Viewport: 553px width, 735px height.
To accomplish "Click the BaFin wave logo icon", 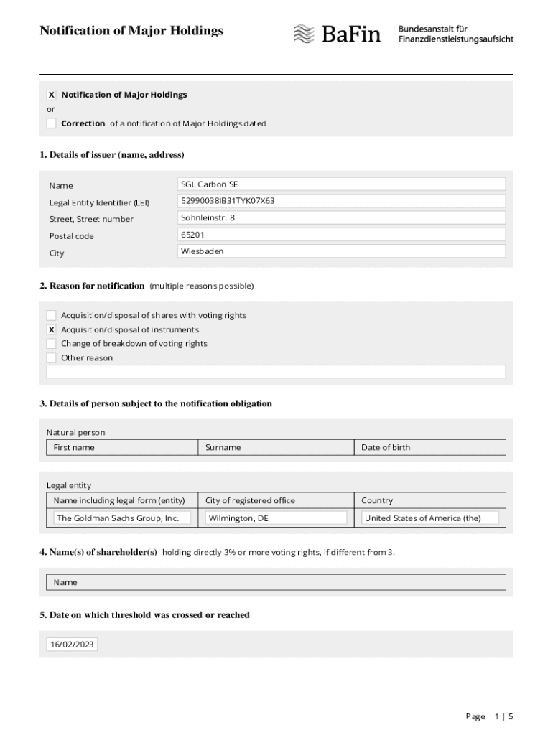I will pos(304,33).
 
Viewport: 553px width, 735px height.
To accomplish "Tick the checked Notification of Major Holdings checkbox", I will pos(51,95).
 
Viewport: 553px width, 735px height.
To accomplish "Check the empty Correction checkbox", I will pos(51,123).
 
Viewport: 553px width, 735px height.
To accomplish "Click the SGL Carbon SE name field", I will pos(341,184).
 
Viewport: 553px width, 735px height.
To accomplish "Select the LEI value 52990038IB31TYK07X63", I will pos(341,201).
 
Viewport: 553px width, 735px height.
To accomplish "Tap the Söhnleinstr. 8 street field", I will pos(341,217).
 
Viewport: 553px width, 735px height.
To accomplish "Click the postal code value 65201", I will pos(341,235).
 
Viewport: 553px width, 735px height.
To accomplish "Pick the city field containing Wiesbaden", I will pos(341,251).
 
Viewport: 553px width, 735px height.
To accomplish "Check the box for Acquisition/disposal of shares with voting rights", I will pos(51,315).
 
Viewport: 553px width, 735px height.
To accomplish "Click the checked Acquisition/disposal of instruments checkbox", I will pos(51,329).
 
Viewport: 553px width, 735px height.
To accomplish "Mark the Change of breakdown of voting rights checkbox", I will pos(51,344).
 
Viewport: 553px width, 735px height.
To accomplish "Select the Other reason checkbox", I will pos(51,357).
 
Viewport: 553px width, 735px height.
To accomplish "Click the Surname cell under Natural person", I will pos(276,447).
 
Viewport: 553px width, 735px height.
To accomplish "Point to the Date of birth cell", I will pos(429,447).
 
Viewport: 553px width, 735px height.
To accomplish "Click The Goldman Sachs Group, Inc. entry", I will pos(122,518).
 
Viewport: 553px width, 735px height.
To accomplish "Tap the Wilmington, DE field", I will pos(276,518).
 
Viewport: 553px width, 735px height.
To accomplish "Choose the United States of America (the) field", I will pos(429,518).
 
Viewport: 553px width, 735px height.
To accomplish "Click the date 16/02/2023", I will pos(72,645).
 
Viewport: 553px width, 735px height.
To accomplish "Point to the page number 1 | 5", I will pos(504,716).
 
